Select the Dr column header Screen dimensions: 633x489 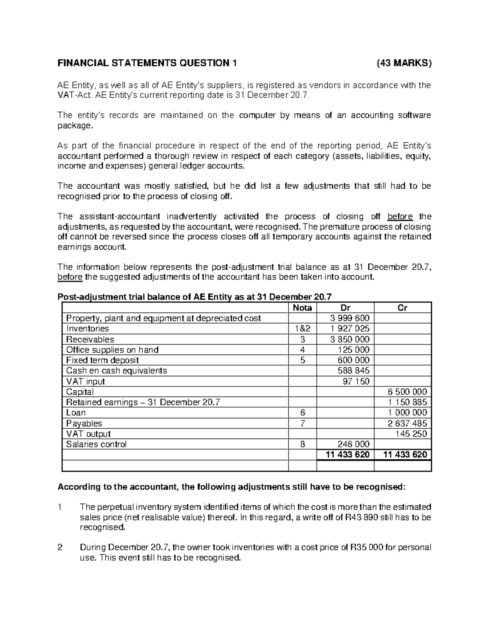point(345,308)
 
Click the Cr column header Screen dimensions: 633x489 point(402,308)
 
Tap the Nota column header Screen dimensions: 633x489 point(302,308)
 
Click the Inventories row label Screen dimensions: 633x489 point(88,329)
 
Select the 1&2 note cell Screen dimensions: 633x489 point(302,329)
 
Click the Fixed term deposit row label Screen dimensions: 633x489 point(102,360)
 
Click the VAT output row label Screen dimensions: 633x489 point(88,434)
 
